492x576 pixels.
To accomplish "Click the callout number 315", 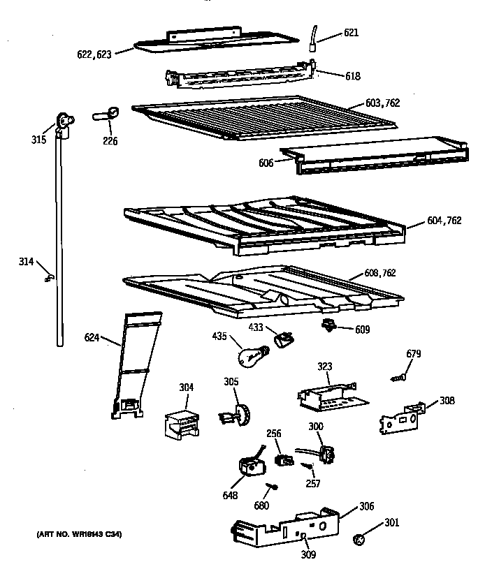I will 38,140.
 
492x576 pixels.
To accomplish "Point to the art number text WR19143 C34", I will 78,535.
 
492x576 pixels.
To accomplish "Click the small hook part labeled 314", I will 48,277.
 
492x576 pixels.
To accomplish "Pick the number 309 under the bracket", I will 308,555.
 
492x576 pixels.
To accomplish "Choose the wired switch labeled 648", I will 248,466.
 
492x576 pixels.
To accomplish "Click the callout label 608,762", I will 379,273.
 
